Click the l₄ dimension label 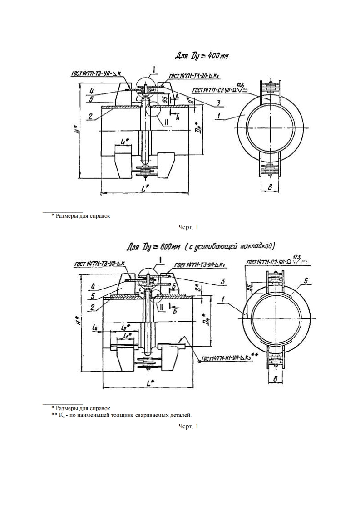coord(94,327)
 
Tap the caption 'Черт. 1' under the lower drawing coord(189,426)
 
